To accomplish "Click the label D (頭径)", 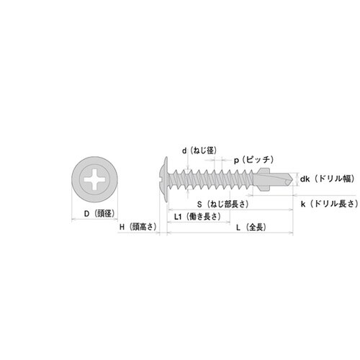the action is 99,213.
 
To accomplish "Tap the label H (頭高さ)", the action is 138,227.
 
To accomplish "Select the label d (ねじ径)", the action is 199,150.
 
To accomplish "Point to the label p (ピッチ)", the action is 253,160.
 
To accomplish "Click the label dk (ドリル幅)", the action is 328,179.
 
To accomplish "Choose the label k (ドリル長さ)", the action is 330,204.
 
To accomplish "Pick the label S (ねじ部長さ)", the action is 222,204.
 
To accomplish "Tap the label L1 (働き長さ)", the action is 197,217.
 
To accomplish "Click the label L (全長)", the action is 251,228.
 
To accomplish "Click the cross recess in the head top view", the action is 95,179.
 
